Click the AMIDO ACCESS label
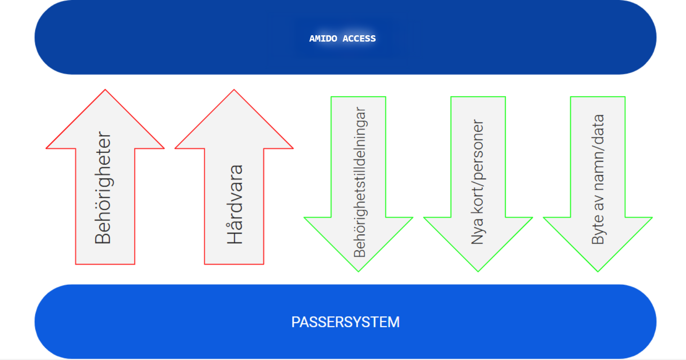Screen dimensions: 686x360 tap(342, 39)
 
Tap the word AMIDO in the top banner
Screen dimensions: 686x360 tap(323, 39)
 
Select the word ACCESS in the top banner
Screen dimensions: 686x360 tap(359, 39)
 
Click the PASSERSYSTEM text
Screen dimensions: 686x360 tap(345, 322)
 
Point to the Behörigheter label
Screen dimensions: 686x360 tap(103, 187)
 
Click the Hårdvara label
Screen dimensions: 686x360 tap(235, 204)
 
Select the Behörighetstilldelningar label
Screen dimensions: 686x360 tap(360, 182)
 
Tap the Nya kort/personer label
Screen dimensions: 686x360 tap(478, 182)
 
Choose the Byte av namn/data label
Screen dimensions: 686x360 tap(598, 179)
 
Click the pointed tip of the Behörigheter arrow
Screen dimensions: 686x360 tap(105, 91)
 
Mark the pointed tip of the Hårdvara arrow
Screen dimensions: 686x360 tap(234, 91)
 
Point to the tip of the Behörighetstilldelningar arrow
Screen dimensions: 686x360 tap(359, 270)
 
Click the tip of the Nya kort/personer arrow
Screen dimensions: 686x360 tap(478, 270)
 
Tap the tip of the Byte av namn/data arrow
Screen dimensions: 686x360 tap(598, 270)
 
